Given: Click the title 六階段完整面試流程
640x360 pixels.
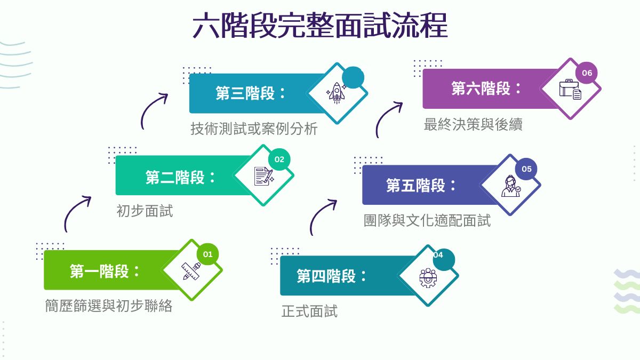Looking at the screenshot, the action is click(x=320, y=26).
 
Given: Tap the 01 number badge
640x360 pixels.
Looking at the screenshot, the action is click(x=207, y=254).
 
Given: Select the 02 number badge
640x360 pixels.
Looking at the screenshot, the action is click(x=279, y=159).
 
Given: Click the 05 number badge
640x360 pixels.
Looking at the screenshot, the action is click(x=526, y=169).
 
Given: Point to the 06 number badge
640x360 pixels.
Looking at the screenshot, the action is click(x=587, y=73).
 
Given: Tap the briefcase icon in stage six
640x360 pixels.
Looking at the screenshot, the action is click(x=570, y=90).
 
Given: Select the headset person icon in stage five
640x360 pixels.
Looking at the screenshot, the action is click(x=511, y=186).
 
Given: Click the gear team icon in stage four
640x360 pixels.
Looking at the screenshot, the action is click(x=428, y=277).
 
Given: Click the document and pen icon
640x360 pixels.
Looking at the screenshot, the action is click(x=263, y=176).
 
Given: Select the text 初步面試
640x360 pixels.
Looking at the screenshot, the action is click(x=145, y=211).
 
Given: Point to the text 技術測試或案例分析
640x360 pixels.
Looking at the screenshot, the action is click(x=254, y=129).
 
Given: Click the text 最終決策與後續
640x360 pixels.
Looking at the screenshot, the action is click(x=473, y=125).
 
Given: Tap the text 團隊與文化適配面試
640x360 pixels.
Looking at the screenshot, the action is click(x=427, y=221).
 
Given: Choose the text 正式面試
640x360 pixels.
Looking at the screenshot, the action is click(x=309, y=311).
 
